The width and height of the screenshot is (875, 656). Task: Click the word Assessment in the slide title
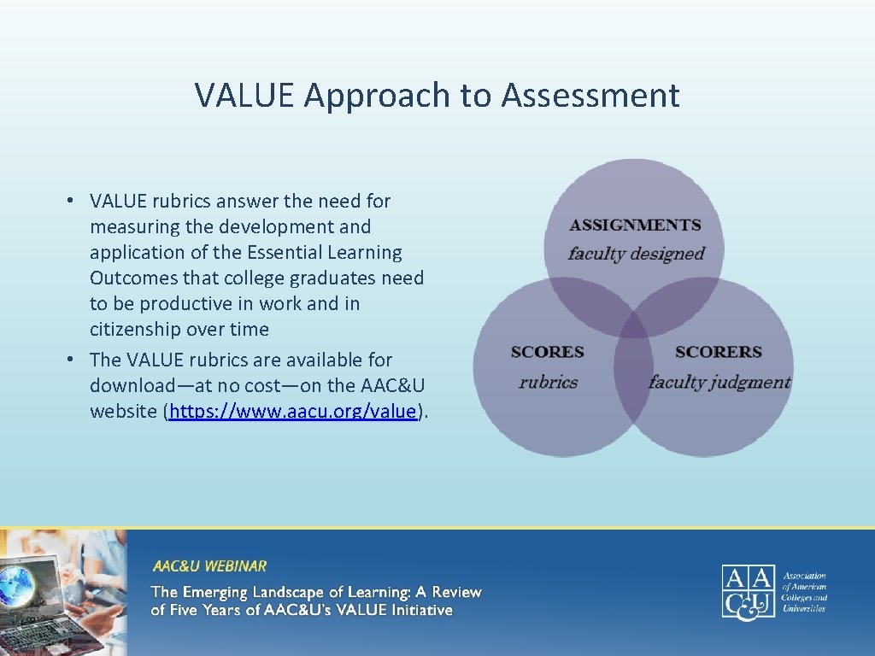pyautogui.click(x=590, y=95)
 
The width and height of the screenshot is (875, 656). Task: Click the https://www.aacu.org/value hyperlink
pyautogui.click(x=293, y=411)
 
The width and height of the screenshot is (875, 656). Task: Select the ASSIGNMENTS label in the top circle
pyautogui.click(x=635, y=225)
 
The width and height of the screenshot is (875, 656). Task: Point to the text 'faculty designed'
pyautogui.click(x=636, y=254)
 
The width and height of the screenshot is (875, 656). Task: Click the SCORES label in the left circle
pyautogui.click(x=547, y=352)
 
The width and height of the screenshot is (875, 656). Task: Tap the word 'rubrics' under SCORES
pyautogui.click(x=548, y=382)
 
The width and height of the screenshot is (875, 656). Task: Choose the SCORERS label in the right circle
pyautogui.click(x=718, y=352)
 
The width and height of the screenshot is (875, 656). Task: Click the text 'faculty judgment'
pyautogui.click(x=719, y=382)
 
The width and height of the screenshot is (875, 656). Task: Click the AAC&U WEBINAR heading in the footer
pyautogui.click(x=209, y=565)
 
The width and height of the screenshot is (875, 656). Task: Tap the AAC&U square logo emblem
pyautogui.click(x=749, y=590)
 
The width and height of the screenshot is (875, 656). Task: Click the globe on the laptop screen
pyautogui.click(x=17, y=585)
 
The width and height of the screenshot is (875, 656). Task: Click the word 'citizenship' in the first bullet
pyautogui.click(x=136, y=330)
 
